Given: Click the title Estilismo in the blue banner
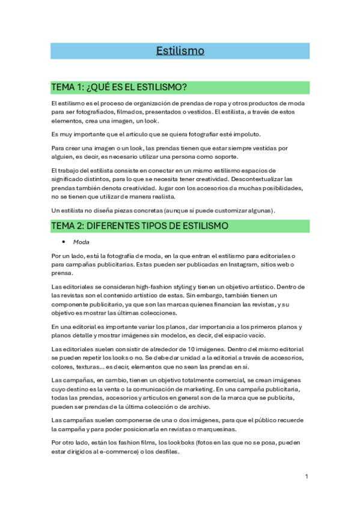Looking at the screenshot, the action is click(180, 51).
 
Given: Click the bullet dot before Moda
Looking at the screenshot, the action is click(63, 242).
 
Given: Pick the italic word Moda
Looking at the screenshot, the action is click(81, 242).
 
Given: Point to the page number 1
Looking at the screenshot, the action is click(307, 476).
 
